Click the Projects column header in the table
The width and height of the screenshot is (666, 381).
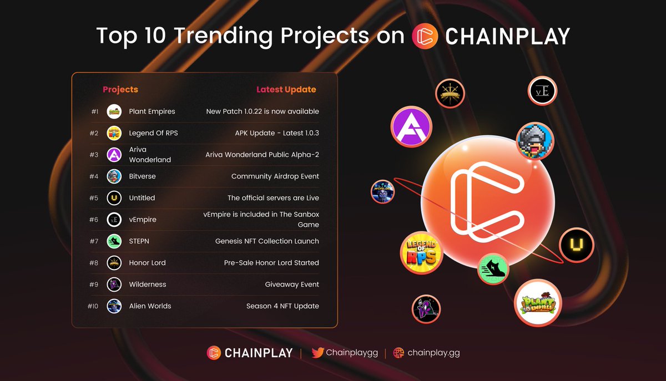pos(120,89)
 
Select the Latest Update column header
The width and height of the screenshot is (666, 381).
pos(286,89)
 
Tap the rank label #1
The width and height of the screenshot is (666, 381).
pos(95,111)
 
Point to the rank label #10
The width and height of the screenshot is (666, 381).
pos(93,306)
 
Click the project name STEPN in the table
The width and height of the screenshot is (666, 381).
pos(139,241)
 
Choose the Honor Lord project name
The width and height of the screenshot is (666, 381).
pos(147,263)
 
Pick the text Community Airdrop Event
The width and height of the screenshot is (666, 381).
pos(275,176)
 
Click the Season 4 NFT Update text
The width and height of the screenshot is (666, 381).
pos(282,306)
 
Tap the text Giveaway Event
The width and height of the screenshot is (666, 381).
pos(292,285)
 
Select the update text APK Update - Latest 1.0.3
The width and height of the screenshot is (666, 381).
pos(276,133)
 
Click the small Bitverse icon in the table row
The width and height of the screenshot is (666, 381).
pos(114,176)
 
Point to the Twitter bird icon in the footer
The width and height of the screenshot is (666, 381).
pos(317,353)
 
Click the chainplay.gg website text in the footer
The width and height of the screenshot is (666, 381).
pos(433,353)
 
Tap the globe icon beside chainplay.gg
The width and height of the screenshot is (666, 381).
pos(398,353)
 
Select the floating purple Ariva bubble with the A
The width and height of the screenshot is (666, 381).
pos(411,128)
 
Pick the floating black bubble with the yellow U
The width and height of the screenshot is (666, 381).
pos(576,245)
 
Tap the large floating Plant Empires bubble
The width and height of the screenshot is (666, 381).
pos(538,303)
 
